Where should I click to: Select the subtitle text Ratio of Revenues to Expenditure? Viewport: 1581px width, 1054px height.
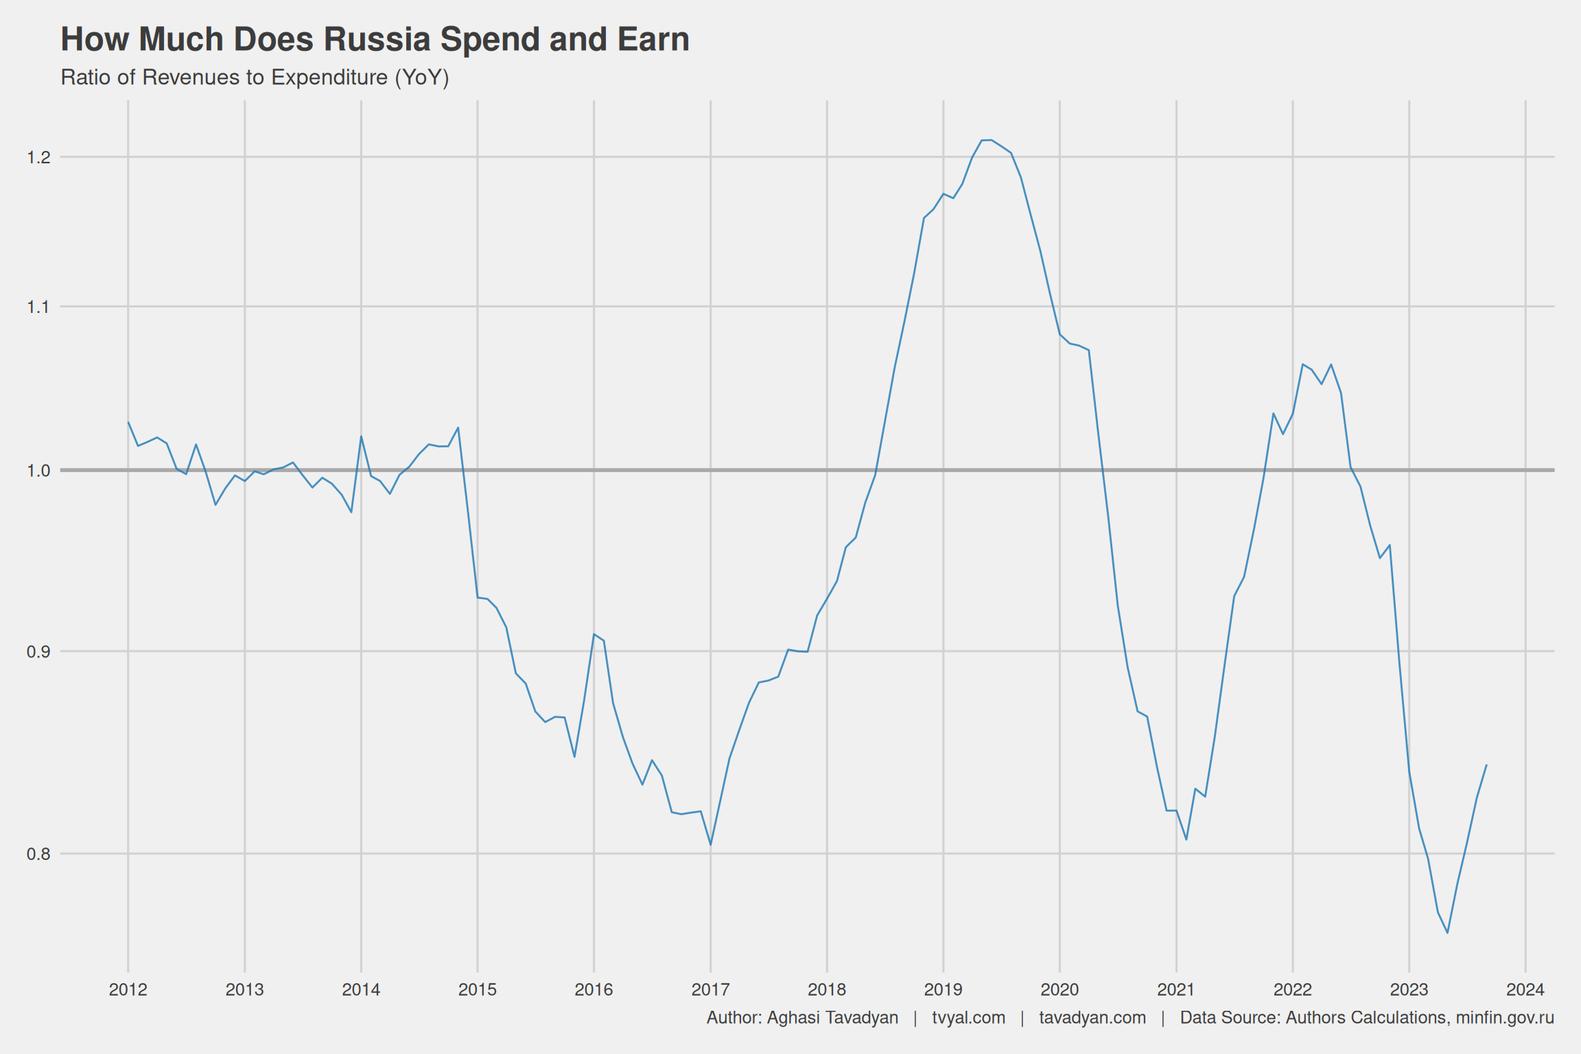tap(226, 78)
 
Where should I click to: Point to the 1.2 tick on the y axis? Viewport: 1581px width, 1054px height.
tap(38, 157)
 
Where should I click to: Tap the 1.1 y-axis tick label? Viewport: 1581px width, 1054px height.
tap(38, 307)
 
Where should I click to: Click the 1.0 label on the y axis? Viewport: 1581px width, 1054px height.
tap(38, 470)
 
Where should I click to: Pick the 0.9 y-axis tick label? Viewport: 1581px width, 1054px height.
tap(38, 651)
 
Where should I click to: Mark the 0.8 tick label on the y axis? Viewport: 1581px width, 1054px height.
tap(38, 854)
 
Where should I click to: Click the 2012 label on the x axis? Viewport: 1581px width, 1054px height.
tap(128, 989)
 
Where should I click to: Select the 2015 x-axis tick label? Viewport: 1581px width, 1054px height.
tap(478, 989)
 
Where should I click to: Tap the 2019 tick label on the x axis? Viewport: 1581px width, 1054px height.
tap(943, 989)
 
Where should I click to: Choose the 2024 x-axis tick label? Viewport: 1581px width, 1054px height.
tap(1525, 989)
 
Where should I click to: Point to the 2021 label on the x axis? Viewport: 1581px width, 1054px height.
tap(1176, 989)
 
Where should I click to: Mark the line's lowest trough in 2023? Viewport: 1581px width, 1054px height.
tap(1447, 933)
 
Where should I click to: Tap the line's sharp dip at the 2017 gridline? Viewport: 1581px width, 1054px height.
tap(710, 845)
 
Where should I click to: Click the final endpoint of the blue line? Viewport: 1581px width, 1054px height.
tap(1486, 765)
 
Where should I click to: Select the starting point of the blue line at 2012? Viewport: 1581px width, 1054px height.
tap(128, 423)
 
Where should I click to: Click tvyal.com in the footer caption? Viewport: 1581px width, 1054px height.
tap(968, 1018)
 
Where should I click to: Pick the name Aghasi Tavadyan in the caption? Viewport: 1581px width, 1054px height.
tap(832, 1018)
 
